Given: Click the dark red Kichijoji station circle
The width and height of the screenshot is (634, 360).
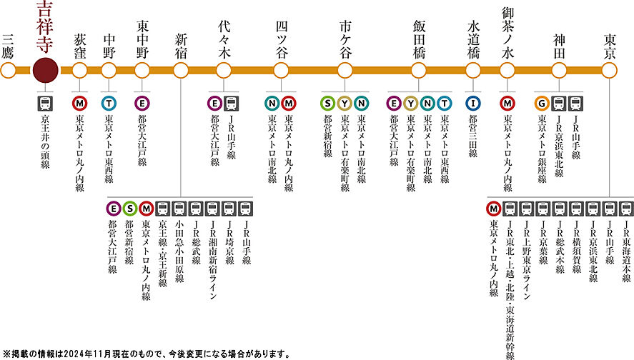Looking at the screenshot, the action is click(x=45, y=70).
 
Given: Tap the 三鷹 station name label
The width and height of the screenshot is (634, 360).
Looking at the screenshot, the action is click(x=8, y=46).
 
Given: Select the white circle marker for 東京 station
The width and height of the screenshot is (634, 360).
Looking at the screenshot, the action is click(x=609, y=70).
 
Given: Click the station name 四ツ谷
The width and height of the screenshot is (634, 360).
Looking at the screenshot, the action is click(x=282, y=40).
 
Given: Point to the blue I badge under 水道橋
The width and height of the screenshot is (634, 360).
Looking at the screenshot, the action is click(x=473, y=104).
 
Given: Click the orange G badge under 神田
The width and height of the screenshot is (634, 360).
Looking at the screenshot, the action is click(x=542, y=104).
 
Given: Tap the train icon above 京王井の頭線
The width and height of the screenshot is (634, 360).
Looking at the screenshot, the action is click(x=45, y=104).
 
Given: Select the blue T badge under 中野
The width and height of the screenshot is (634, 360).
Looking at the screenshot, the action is click(x=109, y=104).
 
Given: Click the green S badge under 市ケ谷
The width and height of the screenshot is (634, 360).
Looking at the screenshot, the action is click(x=328, y=104).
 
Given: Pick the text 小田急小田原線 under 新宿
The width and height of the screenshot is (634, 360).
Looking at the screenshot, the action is click(x=179, y=251).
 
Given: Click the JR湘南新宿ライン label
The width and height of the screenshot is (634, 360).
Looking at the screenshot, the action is click(x=213, y=260).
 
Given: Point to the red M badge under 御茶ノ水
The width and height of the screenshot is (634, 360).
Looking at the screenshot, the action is click(x=507, y=104).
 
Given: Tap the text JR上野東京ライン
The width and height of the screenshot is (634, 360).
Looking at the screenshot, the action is click(x=527, y=260).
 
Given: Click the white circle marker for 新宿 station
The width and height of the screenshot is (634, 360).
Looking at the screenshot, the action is click(x=181, y=70).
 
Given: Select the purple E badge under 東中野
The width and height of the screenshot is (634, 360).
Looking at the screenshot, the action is click(x=142, y=104).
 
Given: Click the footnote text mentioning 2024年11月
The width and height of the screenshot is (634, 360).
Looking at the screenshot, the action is click(x=147, y=354).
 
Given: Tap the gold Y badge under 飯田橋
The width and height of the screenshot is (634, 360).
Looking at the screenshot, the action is click(x=410, y=104).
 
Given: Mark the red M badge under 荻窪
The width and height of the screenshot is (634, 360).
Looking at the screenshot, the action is click(x=79, y=104).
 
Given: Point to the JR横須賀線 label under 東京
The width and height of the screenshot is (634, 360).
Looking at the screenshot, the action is click(x=577, y=247).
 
